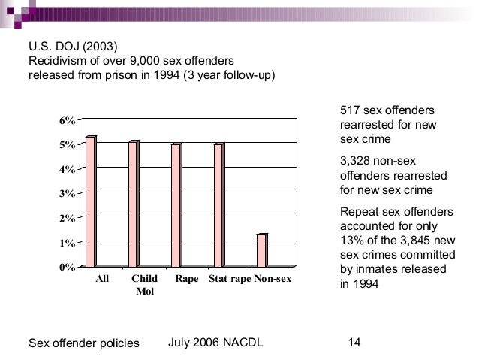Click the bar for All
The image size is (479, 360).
(x=91, y=201)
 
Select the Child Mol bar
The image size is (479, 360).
(x=134, y=204)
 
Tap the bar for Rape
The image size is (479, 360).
(x=176, y=205)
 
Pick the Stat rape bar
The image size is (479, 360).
(x=219, y=205)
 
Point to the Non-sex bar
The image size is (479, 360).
(x=261, y=250)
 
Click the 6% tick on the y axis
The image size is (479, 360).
(x=66, y=121)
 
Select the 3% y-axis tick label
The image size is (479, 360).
(x=66, y=194)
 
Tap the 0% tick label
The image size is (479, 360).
(x=66, y=267)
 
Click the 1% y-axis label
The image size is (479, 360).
(x=66, y=243)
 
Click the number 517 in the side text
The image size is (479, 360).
(x=350, y=110)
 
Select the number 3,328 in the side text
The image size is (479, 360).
(x=357, y=162)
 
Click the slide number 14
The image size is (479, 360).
(x=355, y=343)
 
